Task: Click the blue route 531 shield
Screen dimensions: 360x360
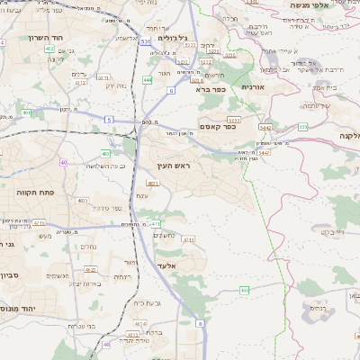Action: [146, 41]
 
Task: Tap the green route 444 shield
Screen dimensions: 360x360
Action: [147, 80]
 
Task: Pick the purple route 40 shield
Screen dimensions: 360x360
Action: [63, 162]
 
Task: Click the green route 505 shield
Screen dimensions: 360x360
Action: [303, 127]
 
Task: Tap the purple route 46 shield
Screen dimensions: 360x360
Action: [106, 344]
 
